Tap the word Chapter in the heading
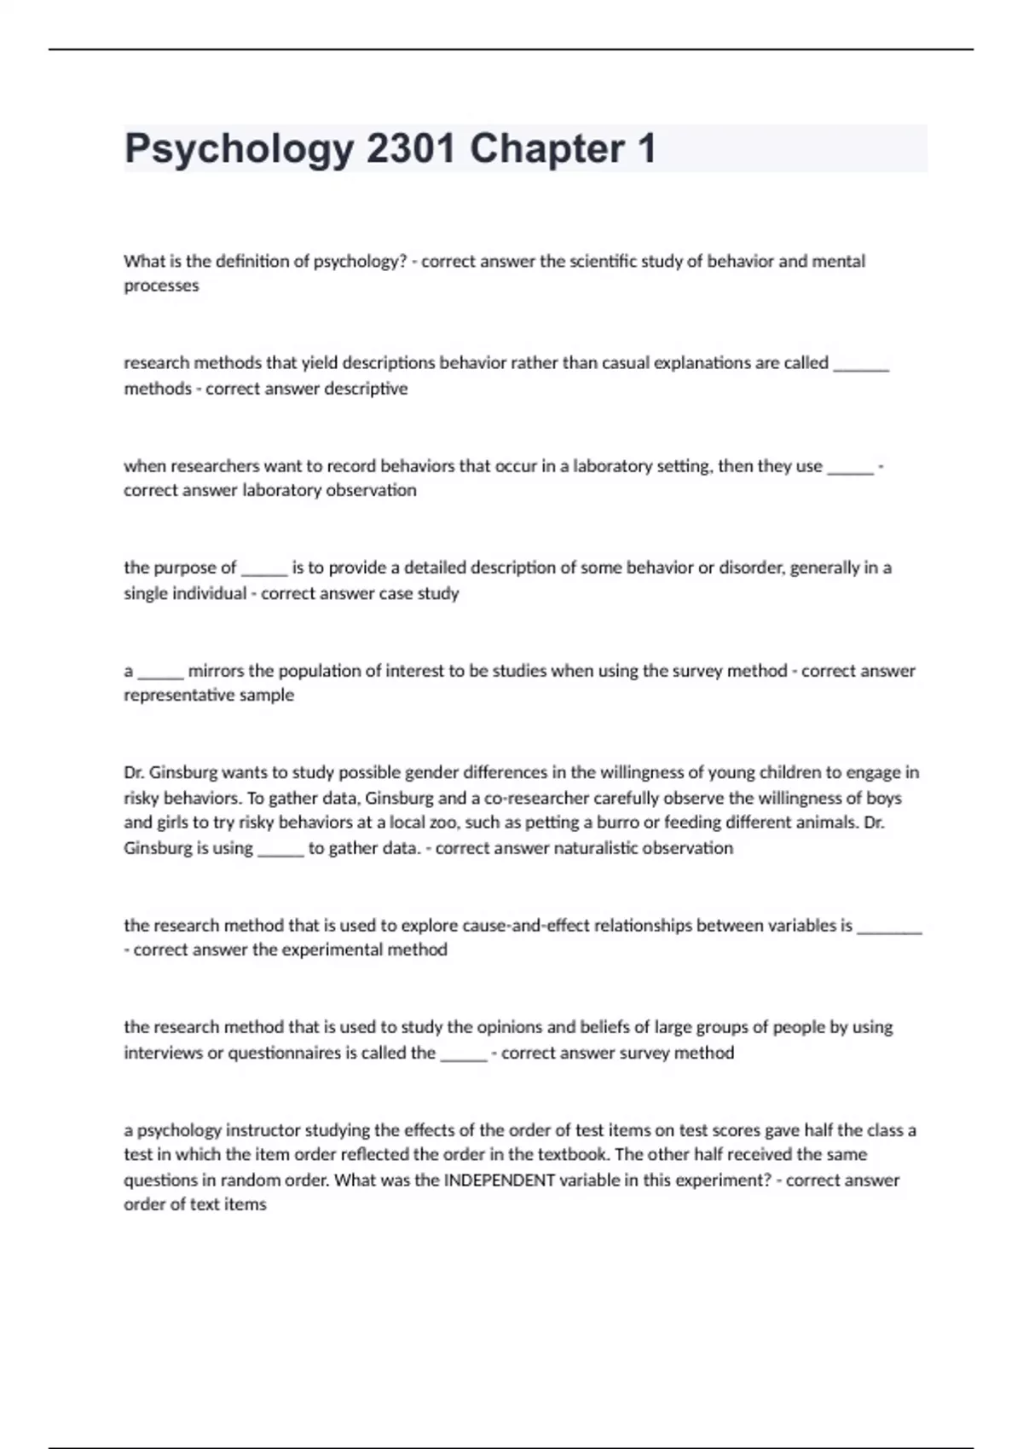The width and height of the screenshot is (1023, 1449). pos(546,148)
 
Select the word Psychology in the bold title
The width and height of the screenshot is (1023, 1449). pos(239,150)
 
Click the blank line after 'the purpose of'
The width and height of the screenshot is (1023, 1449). pos(264,569)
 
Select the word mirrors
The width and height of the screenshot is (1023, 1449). pos(216,671)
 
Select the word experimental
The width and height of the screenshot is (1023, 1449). pos(328,950)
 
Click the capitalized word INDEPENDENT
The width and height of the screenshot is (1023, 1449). pos(500,1181)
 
